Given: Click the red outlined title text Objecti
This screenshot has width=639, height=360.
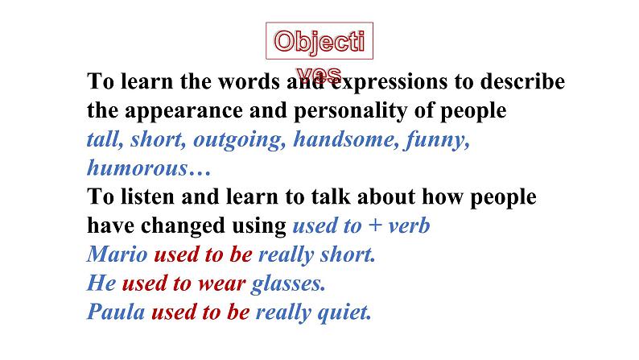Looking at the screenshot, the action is [319, 42].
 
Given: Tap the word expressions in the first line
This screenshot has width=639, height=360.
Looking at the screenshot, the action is [390, 81].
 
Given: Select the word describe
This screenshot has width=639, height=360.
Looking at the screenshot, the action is [522, 81].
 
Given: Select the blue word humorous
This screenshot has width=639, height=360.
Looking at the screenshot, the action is [138, 168].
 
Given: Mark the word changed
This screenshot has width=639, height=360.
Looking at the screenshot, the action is [183, 226].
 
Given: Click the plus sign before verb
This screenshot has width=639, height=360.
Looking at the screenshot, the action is [375, 226].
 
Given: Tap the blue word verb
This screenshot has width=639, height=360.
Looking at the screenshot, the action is [409, 226].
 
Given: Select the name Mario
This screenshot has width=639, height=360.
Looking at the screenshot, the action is [117, 254].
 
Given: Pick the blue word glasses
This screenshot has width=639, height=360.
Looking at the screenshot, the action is [288, 284].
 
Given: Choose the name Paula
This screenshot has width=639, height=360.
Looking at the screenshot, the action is [116, 312].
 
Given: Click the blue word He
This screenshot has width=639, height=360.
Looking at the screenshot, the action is [101, 283].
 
